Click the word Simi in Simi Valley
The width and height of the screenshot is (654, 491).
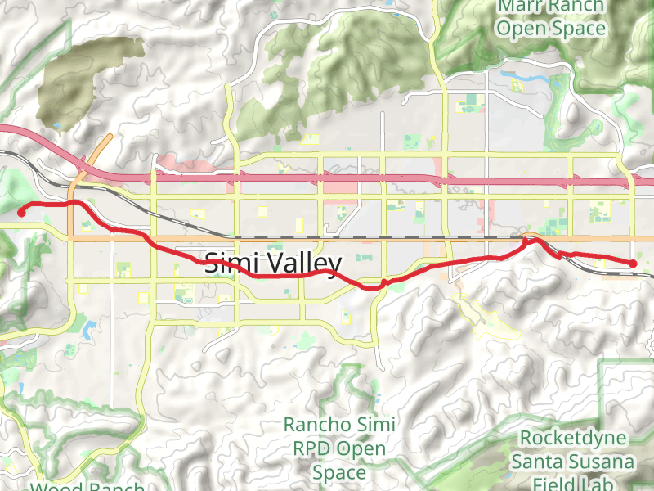(x=230, y=263)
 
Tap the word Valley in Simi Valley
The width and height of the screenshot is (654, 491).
(x=300, y=263)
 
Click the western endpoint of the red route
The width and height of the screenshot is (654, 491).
(x=21, y=213)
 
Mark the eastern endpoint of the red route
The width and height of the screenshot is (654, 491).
(x=634, y=263)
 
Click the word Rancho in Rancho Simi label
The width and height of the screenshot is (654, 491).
(x=314, y=425)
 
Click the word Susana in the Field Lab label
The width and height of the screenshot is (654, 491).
(x=604, y=461)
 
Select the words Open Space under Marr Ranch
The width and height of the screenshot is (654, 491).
(x=553, y=29)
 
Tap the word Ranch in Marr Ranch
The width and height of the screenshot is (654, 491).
(x=576, y=7)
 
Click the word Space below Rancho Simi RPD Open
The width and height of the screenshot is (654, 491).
(x=338, y=472)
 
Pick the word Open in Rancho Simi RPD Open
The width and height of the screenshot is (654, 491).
(x=362, y=448)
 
